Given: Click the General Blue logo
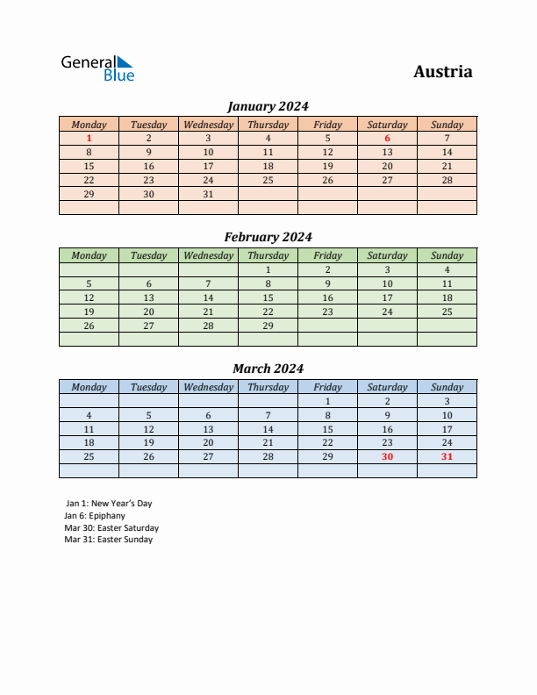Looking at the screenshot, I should [x=97, y=68].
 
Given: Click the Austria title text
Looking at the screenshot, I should [x=442, y=72].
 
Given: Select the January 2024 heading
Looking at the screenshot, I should [x=268, y=106].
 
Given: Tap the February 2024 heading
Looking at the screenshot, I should [x=268, y=237].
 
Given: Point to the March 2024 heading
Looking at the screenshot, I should [x=268, y=369].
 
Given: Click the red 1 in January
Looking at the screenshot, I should [x=89, y=138].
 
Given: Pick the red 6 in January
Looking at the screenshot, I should [x=387, y=138].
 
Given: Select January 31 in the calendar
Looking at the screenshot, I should [x=208, y=194].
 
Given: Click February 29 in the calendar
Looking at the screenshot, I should [x=268, y=326].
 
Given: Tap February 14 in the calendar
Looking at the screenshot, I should [x=208, y=297].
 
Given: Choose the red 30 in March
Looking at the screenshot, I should [x=387, y=456].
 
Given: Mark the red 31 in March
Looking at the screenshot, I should [x=447, y=456].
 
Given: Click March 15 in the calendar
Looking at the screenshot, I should [x=327, y=429].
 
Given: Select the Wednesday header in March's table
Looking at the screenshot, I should [x=208, y=387].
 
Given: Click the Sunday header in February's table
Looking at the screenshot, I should [x=447, y=255].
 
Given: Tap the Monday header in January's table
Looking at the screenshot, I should [x=89, y=125].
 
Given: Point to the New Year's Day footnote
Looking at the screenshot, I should [x=109, y=504].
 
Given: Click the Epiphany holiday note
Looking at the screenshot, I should [x=95, y=516].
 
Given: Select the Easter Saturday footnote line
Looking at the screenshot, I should [x=111, y=528].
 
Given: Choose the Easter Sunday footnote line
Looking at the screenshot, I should [x=109, y=540].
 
